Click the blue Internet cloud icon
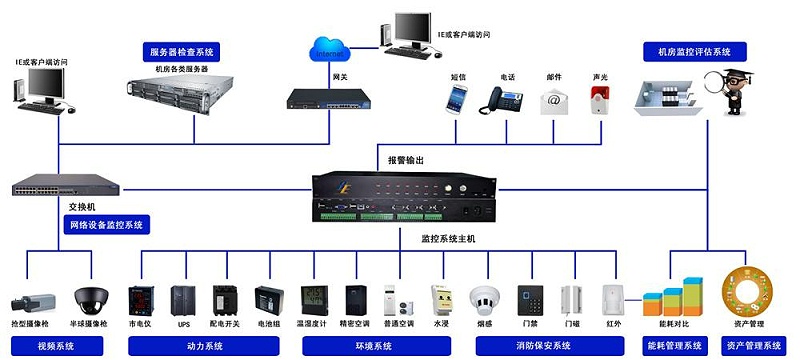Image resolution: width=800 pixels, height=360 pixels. [327, 49]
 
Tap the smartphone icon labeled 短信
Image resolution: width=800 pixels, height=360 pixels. [458, 98]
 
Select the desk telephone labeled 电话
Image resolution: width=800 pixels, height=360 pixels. [507, 99]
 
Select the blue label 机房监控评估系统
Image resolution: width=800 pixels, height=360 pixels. [694, 51]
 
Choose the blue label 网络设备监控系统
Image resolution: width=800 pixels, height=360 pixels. [105, 224]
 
